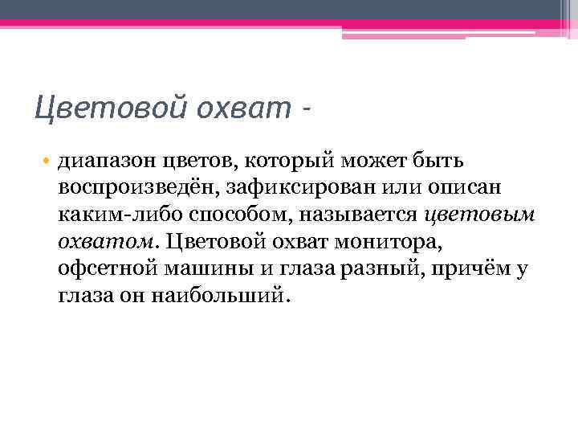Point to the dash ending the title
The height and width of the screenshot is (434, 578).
(305, 106)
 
